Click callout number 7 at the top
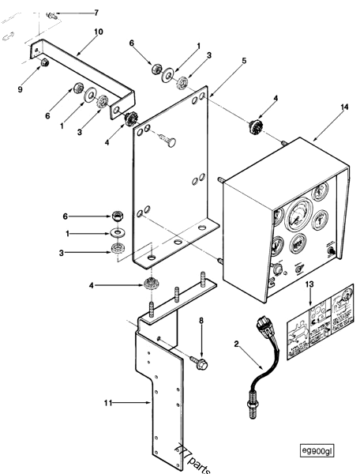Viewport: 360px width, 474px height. pos(96,13)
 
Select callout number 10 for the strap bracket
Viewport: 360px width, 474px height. pos(99,32)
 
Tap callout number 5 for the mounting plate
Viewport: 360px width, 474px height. pos(222,60)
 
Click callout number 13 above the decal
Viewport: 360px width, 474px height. pos(310,284)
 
